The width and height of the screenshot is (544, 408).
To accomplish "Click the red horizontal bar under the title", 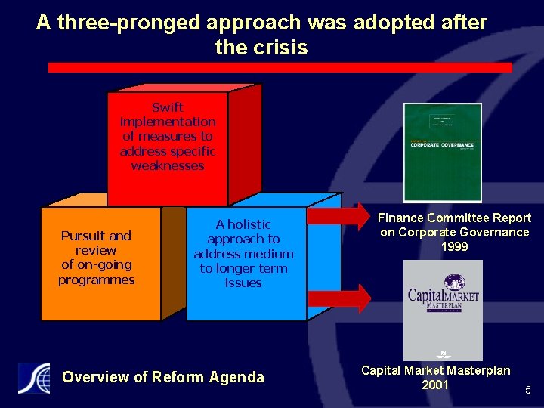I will [280, 67].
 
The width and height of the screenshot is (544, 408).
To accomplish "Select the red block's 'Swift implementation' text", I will [168, 115].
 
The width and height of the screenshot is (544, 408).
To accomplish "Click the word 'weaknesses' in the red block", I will [168, 166].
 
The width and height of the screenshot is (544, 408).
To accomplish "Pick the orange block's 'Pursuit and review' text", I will [96, 243].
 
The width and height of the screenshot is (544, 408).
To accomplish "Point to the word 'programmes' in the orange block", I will [96, 280].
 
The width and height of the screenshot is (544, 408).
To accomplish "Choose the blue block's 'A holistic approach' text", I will [243, 231].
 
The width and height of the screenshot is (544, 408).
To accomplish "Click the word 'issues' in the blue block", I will [243, 283].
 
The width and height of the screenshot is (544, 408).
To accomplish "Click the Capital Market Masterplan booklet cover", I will [443, 310].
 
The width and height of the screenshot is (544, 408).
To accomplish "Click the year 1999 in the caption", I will [454, 247].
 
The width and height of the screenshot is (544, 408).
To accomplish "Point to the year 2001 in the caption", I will [435, 385].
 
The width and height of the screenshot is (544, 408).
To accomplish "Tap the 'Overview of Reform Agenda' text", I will [163, 377].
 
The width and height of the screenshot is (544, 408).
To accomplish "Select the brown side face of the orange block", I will [173, 262].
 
